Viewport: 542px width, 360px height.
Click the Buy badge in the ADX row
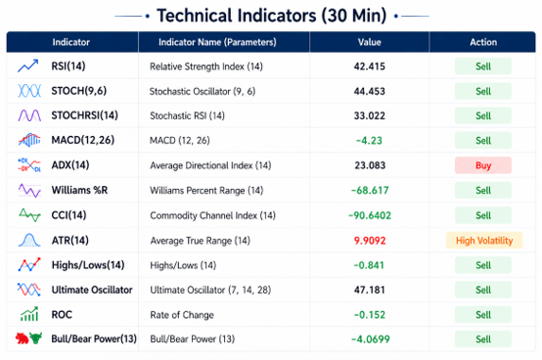point(483,165)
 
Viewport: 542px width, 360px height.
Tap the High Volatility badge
point(484,240)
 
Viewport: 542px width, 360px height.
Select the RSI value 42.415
point(369,67)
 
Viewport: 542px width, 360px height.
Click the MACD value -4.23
point(369,141)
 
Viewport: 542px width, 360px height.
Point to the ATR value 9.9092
point(370,241)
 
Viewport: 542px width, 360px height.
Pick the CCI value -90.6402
point(370,215)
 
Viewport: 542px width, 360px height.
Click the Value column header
point(369,42)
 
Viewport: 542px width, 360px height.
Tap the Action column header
point(483,42)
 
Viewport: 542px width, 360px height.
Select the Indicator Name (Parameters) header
point(217,42)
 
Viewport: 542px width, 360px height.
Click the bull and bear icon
point(28,338)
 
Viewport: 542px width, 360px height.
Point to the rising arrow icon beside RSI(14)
point(28,66)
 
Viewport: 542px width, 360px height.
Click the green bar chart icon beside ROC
point(29,314)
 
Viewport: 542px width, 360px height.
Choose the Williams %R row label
point(79,190)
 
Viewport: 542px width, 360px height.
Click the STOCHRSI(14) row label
point(85,115)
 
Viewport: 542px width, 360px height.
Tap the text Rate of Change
point(182,315)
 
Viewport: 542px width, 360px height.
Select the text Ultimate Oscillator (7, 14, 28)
point(210,290)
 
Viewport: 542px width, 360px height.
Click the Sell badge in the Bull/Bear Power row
point(483,338)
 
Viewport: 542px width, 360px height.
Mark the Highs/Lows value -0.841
point(369,265)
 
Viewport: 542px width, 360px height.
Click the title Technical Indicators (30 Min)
point(272,16)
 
